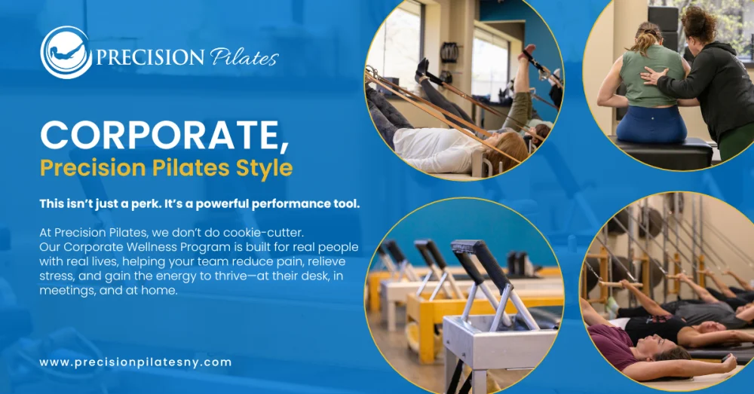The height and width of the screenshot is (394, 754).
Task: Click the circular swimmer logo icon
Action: (66, 53)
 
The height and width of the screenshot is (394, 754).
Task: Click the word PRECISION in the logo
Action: (149, 57)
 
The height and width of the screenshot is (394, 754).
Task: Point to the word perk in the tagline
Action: (146, 203)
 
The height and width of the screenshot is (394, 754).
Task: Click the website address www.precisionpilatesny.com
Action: (136, 362)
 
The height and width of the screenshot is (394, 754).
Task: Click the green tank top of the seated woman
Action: (652, 78)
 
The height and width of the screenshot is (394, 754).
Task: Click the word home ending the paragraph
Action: (159, 291)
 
